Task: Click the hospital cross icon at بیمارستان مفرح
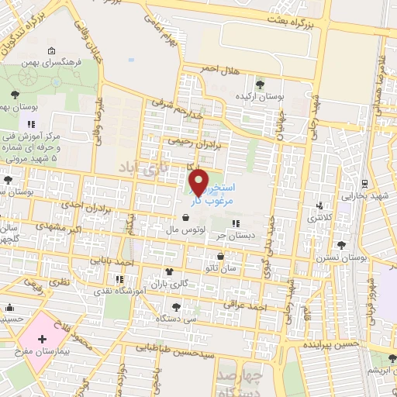(42, 340)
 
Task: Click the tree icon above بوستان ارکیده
(258, 83)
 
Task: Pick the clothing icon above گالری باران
(170, 272)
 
